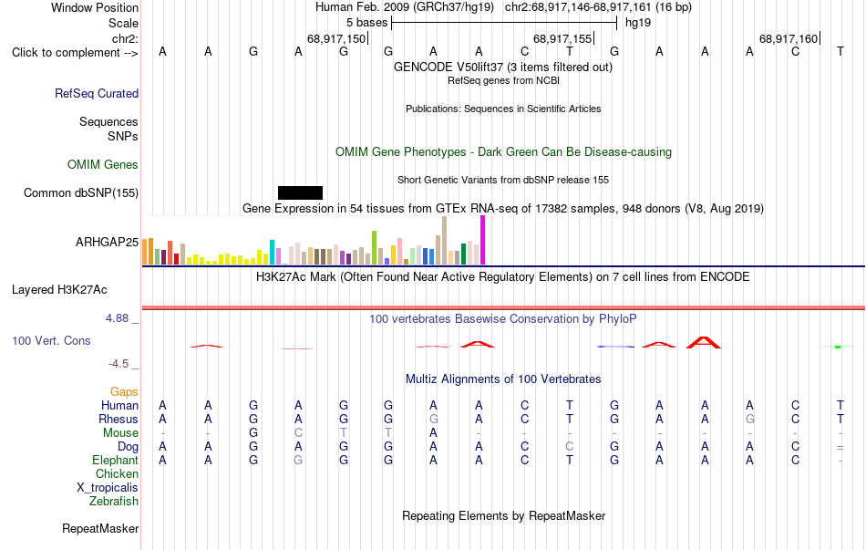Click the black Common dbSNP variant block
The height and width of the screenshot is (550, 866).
click(300, 192)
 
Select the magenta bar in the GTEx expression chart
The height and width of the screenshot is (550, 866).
click(483, 240)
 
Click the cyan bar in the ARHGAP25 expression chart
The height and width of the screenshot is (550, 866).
click(272, 252)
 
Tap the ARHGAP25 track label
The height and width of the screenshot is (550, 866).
click(108, 242)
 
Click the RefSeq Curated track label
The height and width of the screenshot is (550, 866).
click(97, 93)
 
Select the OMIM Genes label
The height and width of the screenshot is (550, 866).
click(103, 165)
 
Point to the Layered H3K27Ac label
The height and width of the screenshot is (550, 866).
click(59, 290)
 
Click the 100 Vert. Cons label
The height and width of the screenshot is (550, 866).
click(51, 340)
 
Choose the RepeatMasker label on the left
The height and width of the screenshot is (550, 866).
click(100, 528)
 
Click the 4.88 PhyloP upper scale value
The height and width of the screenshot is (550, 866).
click(117, 318)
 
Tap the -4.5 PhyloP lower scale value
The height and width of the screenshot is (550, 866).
click(119, 364)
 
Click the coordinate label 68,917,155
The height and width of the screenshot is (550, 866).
click(562, 38)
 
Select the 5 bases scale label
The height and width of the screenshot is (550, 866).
click(366, 23)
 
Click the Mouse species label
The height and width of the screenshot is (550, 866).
click(120, 433)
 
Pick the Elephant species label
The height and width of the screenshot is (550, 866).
click(116, 460)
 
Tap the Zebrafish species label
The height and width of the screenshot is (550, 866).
click(114, 502)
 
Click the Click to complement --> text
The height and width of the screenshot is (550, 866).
click(75, 53)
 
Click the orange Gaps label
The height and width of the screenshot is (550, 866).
click(124, 392)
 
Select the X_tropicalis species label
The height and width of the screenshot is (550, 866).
click(108, 488)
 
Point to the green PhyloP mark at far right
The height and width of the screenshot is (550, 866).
click(838, 347)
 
